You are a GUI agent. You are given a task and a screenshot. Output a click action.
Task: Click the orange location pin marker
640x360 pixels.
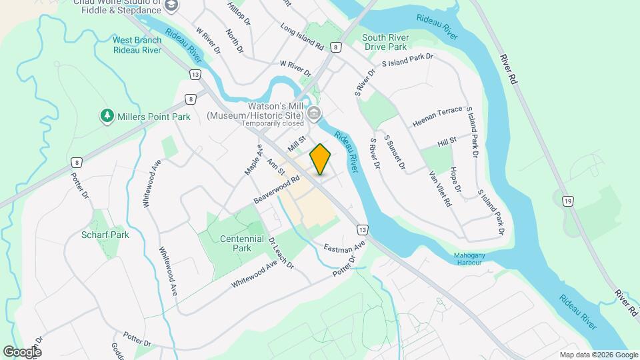[321, 159]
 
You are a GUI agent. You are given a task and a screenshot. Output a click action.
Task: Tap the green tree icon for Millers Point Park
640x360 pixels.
[107, 117]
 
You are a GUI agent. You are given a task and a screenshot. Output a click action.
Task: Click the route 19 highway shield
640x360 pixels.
[568, 201]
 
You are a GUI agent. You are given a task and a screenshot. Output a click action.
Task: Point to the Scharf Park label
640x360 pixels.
[105, 235]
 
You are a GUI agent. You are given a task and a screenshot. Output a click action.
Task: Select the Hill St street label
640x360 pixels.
[446, 141]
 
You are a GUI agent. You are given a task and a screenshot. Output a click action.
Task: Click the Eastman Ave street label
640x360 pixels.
[345, 247]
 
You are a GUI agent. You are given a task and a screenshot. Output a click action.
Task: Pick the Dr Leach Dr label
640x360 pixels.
[281, 253]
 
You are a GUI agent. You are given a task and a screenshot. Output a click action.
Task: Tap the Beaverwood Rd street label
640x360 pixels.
[274, 190]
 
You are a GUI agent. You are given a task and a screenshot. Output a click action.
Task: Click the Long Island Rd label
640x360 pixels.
[301, 38]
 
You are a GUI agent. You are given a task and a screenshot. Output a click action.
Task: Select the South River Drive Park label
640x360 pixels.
[393, 43]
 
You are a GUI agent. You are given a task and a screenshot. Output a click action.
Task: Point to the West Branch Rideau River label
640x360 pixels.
[137, 45]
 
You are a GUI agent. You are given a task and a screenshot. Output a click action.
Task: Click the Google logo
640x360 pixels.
[23, 351]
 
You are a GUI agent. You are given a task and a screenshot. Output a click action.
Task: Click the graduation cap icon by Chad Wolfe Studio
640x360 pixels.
[171, 6]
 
